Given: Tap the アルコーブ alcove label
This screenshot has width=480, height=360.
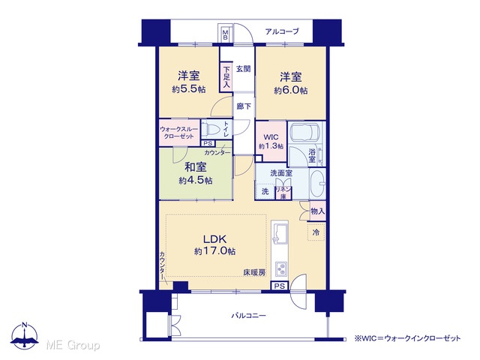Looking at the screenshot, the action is (x=282, y=31).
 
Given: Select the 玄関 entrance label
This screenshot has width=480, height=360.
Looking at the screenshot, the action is (x=243, y=69).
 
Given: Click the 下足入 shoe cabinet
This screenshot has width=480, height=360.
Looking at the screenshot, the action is (x=226, y=77).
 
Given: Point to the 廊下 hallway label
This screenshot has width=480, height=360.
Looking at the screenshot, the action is (x=244, y=106).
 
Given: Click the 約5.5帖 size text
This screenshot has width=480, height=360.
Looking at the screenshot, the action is (x=189, y=89).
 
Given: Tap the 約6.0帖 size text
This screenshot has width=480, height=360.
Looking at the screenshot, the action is (x=291, y=91).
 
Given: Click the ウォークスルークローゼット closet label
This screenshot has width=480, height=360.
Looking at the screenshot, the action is (x=179, y=133).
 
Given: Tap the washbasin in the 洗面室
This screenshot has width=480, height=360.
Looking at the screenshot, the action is (x=317, y=184).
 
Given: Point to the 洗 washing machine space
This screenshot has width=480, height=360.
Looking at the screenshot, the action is (x=265, y=192).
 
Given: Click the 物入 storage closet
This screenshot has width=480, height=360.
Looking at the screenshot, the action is (x=317, y=211).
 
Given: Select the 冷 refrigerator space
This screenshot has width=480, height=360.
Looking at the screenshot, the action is (x=316, y=232).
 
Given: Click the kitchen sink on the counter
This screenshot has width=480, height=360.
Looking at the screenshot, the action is (x=280, y=232).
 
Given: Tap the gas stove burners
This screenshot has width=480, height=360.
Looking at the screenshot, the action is (x=280, y=268).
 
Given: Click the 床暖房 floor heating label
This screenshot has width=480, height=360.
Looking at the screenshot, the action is (x=254, y=272).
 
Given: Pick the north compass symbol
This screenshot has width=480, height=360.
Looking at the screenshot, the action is (x=25, y=336).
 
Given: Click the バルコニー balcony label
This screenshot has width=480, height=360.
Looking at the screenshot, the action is (x=248, y=315).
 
